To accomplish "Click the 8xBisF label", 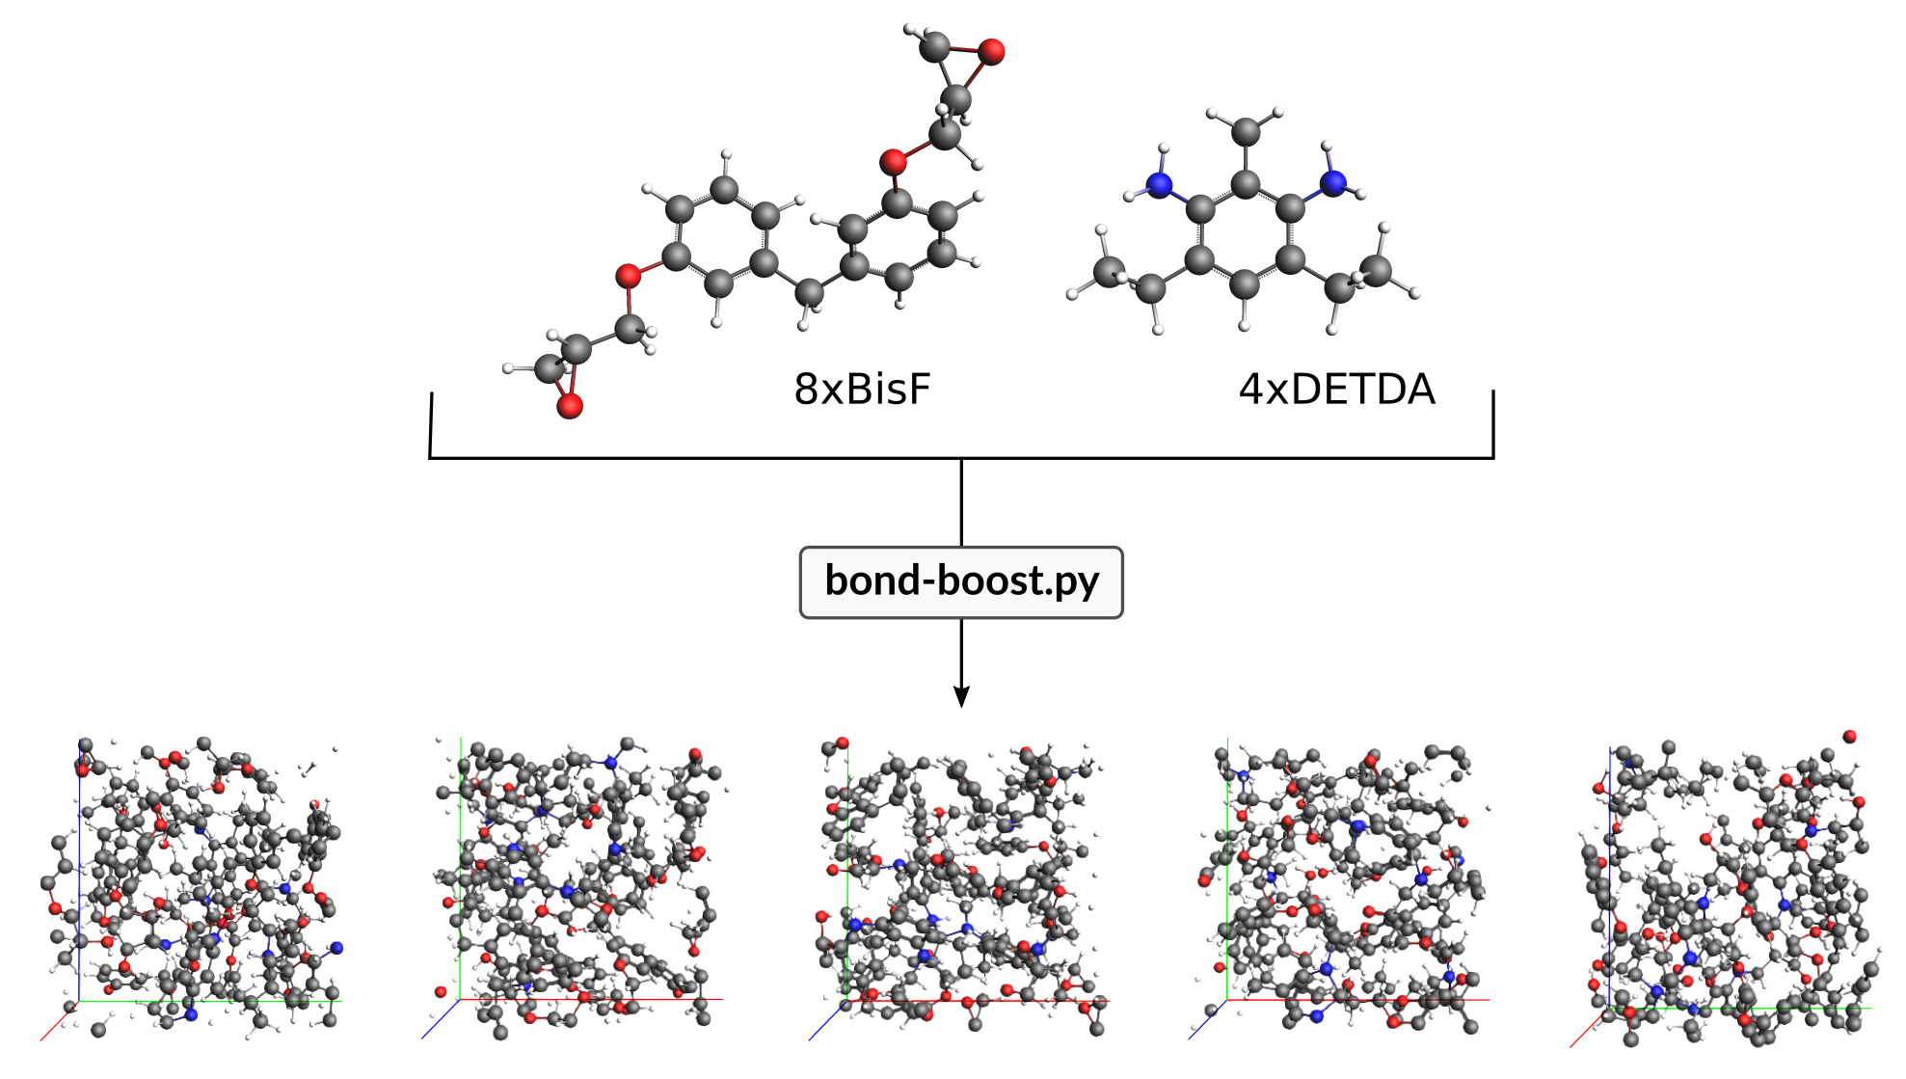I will [x=862, y=390].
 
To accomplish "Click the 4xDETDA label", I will [x=1336, y=390].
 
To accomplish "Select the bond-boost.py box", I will [x=961, y=581].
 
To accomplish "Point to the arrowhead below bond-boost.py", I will [x=961, y=697].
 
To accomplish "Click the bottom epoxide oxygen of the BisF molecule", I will [x=570, y=406].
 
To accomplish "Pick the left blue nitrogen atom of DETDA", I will [x=1159, y=184].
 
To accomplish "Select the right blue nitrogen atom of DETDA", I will [x=1332, y=182].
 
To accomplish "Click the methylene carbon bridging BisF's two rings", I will [x=810, y=290].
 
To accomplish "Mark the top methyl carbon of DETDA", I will [x=1246, y=129].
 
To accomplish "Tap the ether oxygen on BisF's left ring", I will [x=629, y=277].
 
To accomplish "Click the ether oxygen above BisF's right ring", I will [x=894, y=161].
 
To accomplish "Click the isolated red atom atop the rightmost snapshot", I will [x=1849, y=737].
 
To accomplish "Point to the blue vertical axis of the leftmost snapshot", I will [x=79, y=868].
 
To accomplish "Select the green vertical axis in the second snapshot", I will [x=461, y=868].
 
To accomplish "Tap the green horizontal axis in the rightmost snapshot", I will [x=1735, y=1009].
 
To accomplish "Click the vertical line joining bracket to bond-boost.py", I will [x=961, y=501].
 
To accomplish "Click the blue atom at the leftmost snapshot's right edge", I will [x=336, y=948].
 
